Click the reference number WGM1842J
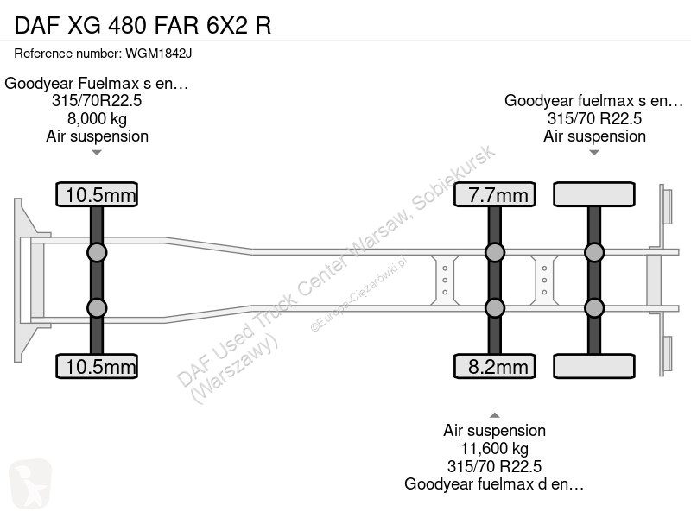point(159,54)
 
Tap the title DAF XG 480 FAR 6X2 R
point(143,25)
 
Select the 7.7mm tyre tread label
point(494,194)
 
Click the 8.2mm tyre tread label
point(494,366)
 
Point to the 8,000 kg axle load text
point(97,118)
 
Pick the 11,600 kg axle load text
point(494,448)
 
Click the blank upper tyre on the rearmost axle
point(594,194)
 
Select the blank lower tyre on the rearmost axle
point(594,366)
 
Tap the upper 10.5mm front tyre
point(97,194)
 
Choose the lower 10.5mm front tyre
point(97,366)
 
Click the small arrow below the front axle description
point(97,153)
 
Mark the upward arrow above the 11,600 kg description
point(494,415)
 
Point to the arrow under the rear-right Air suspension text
point(594,153)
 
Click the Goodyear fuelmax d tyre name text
point(494,484)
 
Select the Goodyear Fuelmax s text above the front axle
point(97,83)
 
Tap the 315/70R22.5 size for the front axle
point(97,100)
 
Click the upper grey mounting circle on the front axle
point(97,253)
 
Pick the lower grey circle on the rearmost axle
point(594,308)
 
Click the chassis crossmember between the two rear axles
point(544,280)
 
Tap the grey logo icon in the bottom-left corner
point(30,483)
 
